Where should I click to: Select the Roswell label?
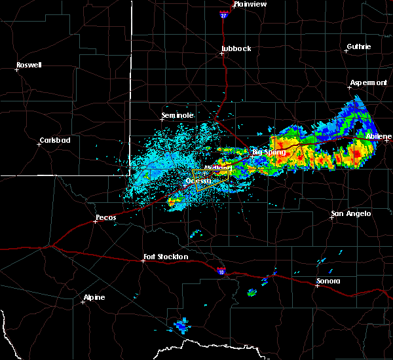(x=29, y=65)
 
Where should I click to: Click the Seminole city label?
(x=178, y=115)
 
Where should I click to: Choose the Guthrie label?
(x=358, y=46)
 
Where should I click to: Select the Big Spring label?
(x=269, y=152)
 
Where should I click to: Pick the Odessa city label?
(x=198, y=180)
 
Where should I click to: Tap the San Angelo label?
(x=351, y=213)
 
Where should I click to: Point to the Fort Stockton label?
(x=166, y=257)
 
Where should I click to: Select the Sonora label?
(x=328, y=281)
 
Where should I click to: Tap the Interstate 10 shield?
(x=221, y=268)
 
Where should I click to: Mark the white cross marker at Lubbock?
(x=222, y=54)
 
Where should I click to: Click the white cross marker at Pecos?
(x=96, y=221)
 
